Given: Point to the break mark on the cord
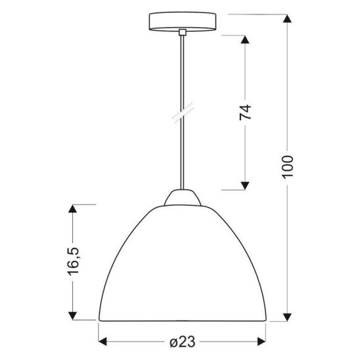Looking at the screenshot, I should (x=180, y=114).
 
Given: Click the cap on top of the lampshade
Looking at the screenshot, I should (x=180, y=197).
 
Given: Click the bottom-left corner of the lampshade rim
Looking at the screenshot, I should (x=99, y=321).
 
